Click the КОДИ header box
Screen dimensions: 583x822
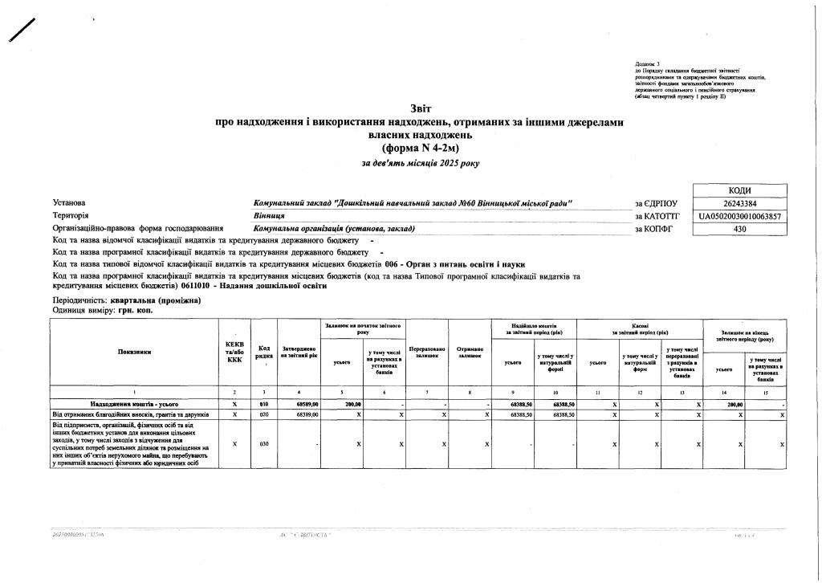739,190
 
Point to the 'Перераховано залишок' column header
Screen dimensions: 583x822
426,353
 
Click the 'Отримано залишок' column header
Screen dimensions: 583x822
469,353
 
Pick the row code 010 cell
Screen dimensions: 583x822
264,404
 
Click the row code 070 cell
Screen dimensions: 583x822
264,414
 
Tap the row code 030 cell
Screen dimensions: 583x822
264,444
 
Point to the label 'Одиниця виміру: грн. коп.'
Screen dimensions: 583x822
102,310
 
